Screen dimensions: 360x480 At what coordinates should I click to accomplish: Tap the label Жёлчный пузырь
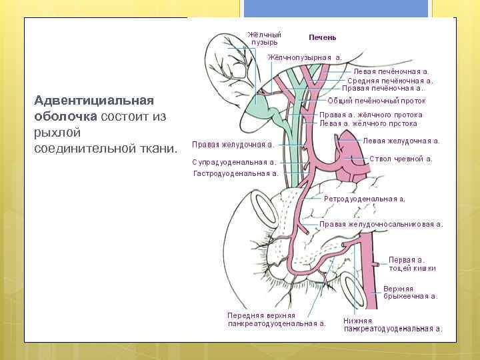click(x=264, y=38)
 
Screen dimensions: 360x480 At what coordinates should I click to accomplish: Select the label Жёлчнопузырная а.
click(x=305, y=57)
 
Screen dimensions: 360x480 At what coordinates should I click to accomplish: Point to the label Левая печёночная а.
click(x=391, y=71)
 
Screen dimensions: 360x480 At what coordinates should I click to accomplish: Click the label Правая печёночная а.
click(x=383, y=88)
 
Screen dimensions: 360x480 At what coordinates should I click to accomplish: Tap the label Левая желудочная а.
click(x=401, y=141)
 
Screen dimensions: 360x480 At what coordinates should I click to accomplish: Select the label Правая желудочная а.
click(x=233, y=144)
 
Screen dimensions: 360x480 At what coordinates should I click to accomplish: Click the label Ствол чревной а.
click(x=401, y=159)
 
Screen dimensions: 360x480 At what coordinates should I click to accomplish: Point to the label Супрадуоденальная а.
click(x=234, y=162)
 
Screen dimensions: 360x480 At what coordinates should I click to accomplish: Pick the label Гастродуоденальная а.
click(x=235, y=173)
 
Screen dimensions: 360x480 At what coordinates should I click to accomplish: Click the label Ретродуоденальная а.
click(x=365, y=199)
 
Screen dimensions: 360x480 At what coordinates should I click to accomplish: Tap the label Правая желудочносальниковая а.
click(x=381, y=225)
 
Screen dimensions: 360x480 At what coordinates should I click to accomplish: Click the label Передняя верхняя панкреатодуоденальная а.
click(x=276, y=319)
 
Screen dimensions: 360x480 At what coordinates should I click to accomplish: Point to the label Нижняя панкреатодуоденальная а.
click(x=392, y=325)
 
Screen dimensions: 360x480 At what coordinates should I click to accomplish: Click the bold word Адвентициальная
click(x=94, y=101)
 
